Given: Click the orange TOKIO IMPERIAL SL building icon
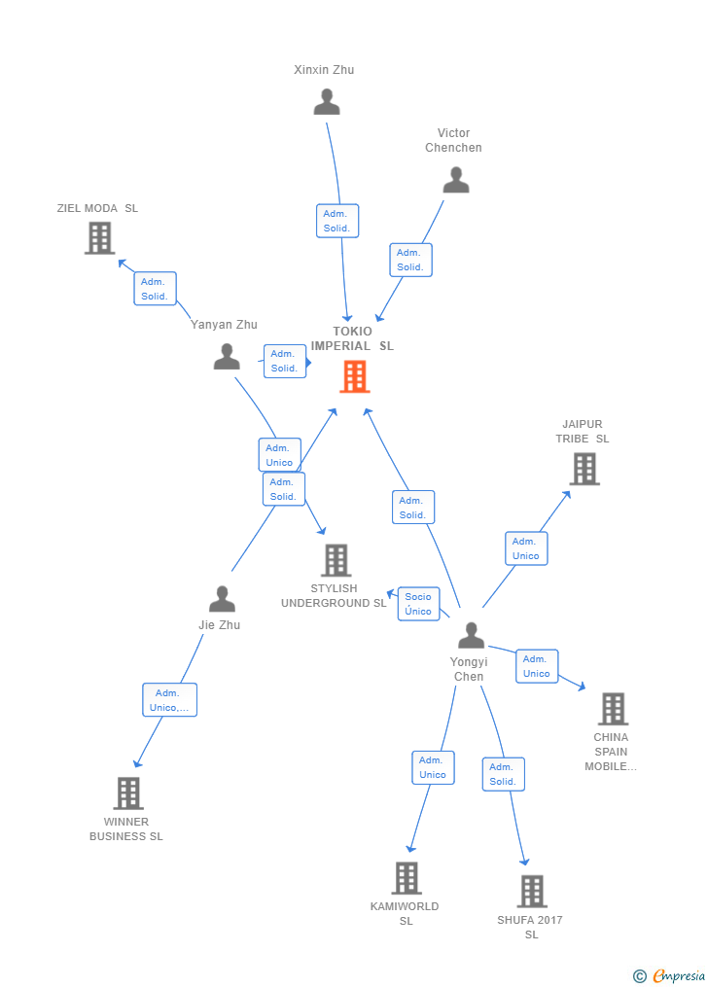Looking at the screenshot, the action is pos(355,376).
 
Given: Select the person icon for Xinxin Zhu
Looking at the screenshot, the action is pos(327,102).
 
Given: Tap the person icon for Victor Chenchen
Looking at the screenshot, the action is pos(455,180).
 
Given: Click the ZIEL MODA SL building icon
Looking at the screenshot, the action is pos(99,237).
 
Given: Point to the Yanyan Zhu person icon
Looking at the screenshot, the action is pos(227,357).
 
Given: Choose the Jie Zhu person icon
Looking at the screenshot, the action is pos(222,599).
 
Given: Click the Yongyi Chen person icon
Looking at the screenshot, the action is pos(471,636).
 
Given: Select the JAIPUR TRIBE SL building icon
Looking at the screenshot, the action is pos(584,469).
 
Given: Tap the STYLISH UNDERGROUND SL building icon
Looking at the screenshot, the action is pos(336,560).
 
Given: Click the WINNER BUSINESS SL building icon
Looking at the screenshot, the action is pos(127,793).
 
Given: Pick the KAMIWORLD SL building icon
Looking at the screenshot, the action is pos(407,878).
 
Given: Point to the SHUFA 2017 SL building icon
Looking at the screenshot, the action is pos(532,892).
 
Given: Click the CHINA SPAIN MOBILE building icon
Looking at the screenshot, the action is pos(613,709).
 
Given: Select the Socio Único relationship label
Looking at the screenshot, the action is pos(419,604).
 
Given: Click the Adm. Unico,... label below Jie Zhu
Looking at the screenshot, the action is pos(169,700).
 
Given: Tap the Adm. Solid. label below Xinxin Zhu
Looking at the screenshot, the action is pos(337,221).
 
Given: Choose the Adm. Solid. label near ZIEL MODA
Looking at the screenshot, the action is pos(155,289).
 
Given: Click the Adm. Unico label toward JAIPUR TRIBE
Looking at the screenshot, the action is pos(526,548).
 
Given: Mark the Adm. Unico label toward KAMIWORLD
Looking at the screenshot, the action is pos(433,767).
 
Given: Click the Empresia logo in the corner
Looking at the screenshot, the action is pos(670,975).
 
